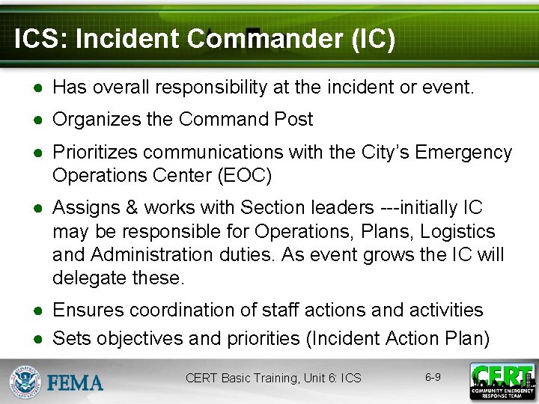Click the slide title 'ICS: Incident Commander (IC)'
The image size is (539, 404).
(204, 39)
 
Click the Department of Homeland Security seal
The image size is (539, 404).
(25, 382)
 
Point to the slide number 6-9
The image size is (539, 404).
(433, 377)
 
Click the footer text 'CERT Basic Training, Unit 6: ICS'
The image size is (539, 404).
(273, 378)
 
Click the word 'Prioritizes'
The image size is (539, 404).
(95, 153)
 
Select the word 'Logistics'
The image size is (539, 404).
(458, 231)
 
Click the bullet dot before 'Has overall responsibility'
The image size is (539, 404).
(38, 88)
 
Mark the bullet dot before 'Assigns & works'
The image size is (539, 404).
(38, 208)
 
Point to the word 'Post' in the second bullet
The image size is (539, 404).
(294, 119)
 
